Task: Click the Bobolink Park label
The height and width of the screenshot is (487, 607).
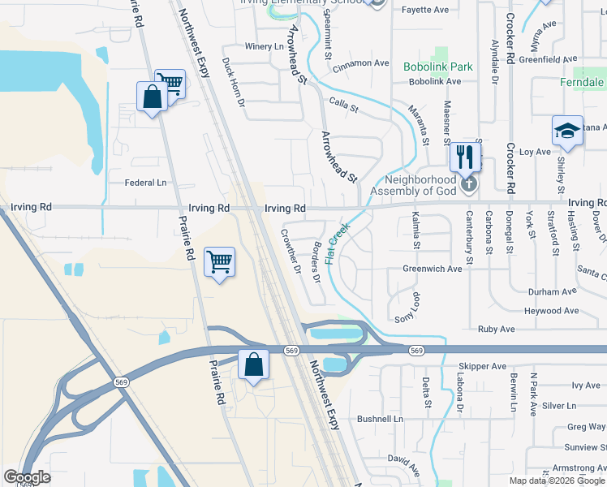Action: click(x=439, y=66)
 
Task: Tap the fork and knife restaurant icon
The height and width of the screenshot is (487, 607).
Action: click(x=465, y=156)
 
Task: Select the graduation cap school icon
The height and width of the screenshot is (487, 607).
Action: click(x=567, y=131)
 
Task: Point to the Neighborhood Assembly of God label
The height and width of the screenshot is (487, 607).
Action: click(x=413, y=185)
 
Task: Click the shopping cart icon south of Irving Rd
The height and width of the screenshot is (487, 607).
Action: click(x=219, y=261)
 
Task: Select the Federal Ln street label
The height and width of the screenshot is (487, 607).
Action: click(x=144, y=183)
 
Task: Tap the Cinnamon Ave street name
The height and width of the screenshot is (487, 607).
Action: click(x=360, y=62)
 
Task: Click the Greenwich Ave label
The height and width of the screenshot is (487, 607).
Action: click(x=432, y=269)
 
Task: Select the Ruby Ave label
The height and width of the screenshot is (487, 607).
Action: click(x=497, y=330)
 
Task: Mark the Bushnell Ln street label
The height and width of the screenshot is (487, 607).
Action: click(x=381, y=419)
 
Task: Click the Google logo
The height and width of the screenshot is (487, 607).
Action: click(x=27, y=477)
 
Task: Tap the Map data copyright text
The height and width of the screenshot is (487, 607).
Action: click(x=555, y=481)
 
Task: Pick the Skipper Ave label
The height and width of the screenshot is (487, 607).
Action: click(x=482, y=366)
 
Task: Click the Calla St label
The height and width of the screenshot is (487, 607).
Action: click(x=344, y=102)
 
